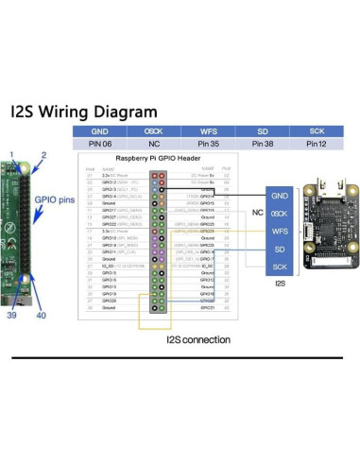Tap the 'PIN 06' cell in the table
pyautogui.click(x=101, y=144)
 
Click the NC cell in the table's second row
pyautogui.click(x=157, y=144)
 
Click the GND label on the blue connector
pyautogui.click(x=279, y=194)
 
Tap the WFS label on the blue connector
pyautogui.click(x=279, y=230)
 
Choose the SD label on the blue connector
pyautogui.click(x=279, y=249)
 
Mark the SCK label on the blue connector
pyautogui.click(x=279, y=266)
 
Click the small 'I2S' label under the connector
pyautogui.click(x=279, y=282)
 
